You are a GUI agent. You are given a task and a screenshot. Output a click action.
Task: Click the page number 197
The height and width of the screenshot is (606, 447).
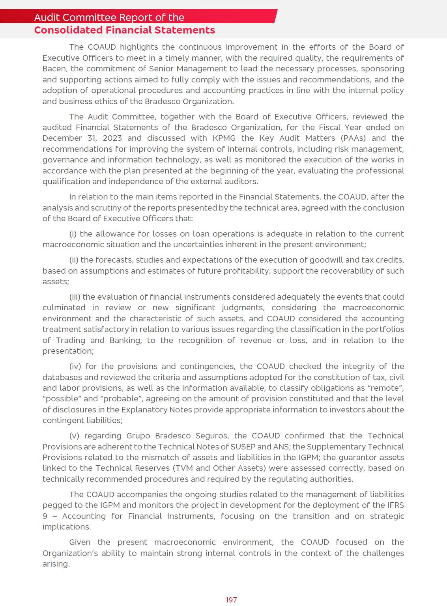[x=231, y=600]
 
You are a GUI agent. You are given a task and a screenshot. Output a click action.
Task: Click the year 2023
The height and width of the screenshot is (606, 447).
[x=112, y=138]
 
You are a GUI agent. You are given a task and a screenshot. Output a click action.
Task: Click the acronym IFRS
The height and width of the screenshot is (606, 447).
[x=394, y=505]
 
